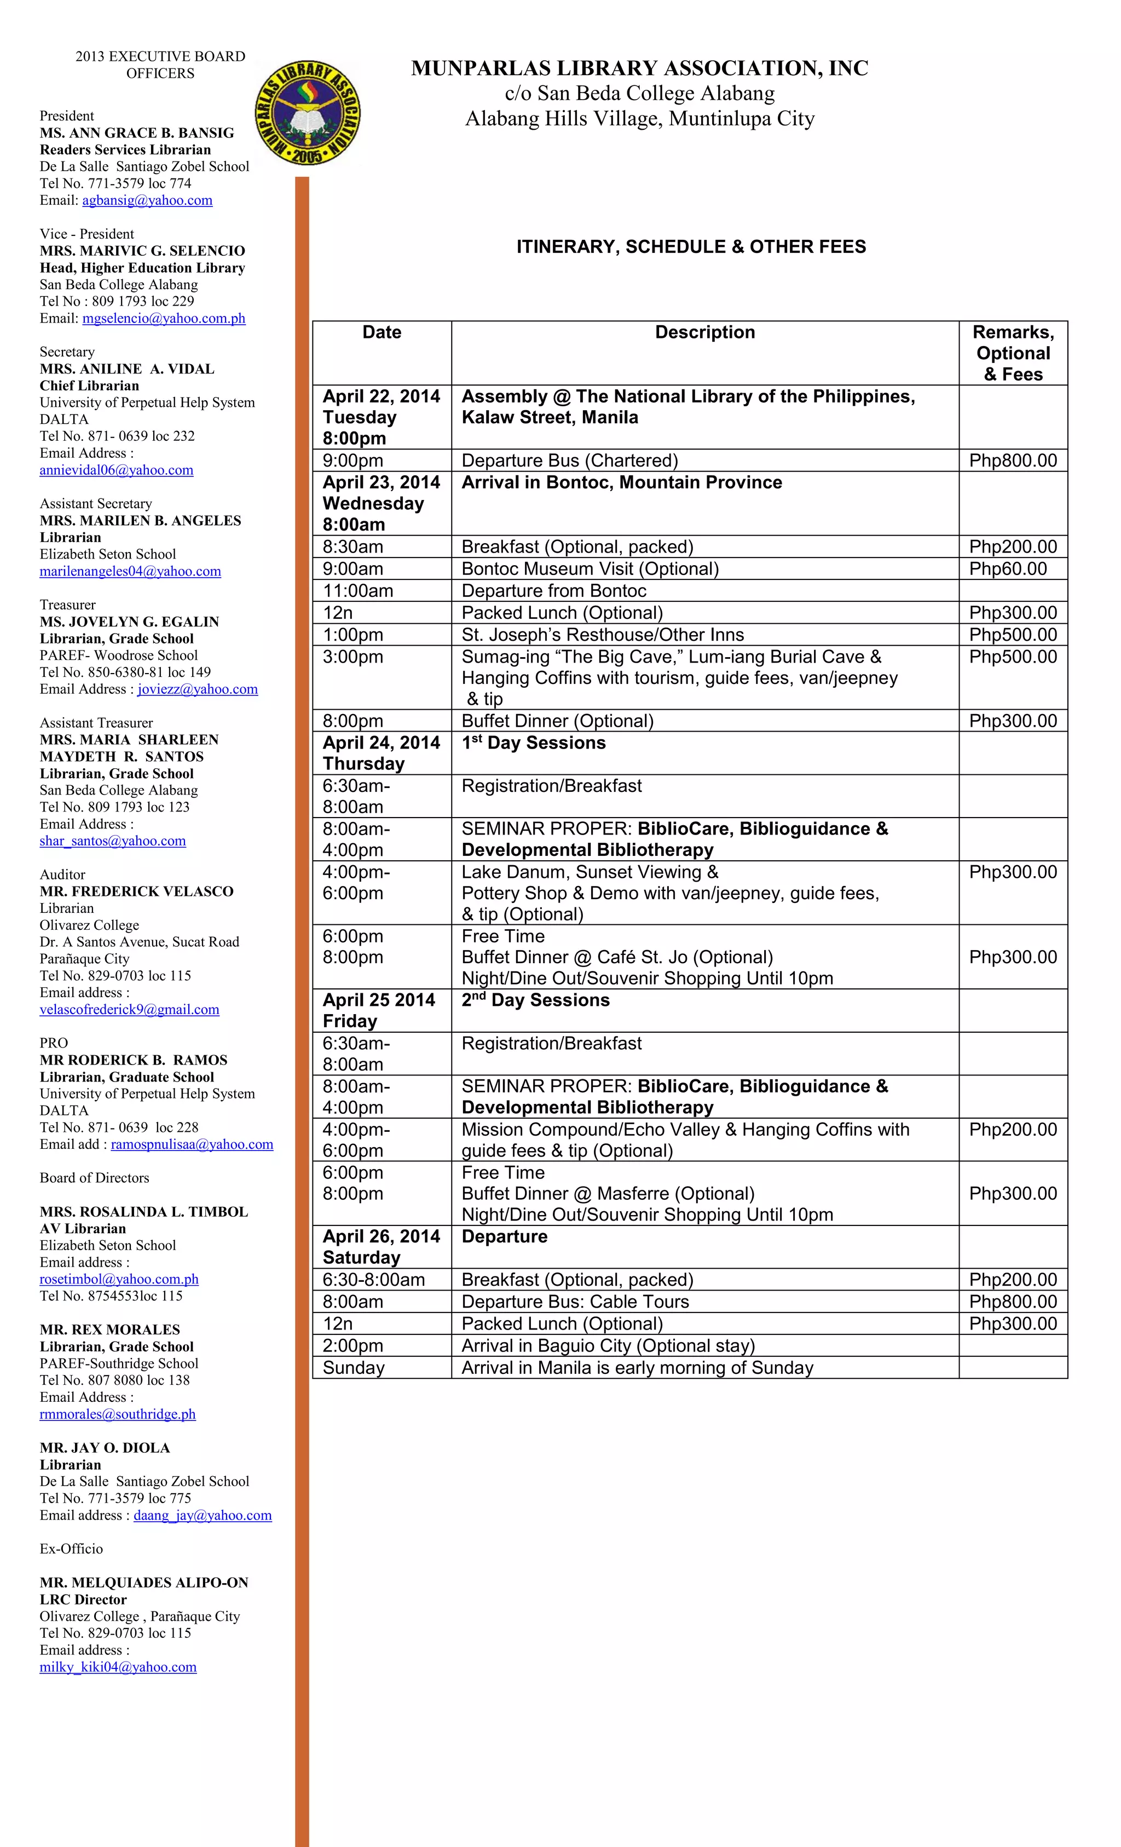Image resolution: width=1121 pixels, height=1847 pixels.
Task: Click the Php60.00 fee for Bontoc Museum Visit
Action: coord(1007,568)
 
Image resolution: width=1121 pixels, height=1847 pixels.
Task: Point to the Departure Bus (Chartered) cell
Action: coord(569,461)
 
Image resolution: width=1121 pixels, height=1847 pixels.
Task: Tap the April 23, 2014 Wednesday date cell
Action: coord(380,503)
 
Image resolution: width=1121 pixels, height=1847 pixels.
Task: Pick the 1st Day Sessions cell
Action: coord(534,743)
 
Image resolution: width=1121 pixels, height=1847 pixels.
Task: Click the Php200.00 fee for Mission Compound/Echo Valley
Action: coord(1012,1130)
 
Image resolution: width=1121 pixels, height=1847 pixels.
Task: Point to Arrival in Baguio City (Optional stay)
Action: coord(608,1345)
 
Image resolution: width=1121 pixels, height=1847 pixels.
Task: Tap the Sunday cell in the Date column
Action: coord(354,1367)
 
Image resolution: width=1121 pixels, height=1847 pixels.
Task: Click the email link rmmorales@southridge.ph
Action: coord(117,1414)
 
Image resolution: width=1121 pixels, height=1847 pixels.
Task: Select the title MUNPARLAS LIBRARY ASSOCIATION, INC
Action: coord(639,68)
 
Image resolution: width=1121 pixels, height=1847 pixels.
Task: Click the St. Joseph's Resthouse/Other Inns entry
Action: coord(603,635)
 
